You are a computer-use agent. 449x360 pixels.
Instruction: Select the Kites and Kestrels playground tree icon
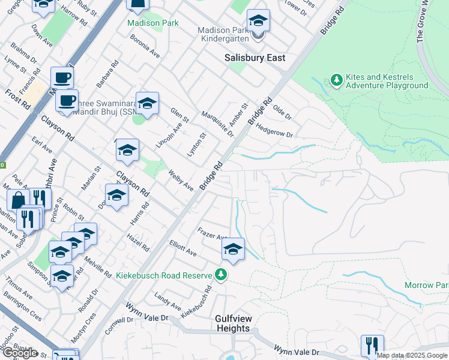tap(336, 80)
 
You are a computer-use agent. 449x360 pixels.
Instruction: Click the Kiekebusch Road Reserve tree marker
tap(221, 275)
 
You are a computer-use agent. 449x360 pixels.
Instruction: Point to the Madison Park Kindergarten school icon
tap(258, 22)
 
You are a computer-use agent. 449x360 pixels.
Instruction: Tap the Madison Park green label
tap(153, 23)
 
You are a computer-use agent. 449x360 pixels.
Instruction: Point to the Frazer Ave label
tap(212, 233)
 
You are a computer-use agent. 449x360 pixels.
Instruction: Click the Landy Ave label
tap(163, 298)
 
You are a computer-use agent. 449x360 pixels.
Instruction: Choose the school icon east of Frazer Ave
tap(233, 249)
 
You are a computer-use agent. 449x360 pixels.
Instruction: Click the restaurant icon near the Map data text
tap(372, 346)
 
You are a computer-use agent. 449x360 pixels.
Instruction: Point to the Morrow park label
tap(426, 285)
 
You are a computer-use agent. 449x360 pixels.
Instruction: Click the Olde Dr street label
tap(282, 112)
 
